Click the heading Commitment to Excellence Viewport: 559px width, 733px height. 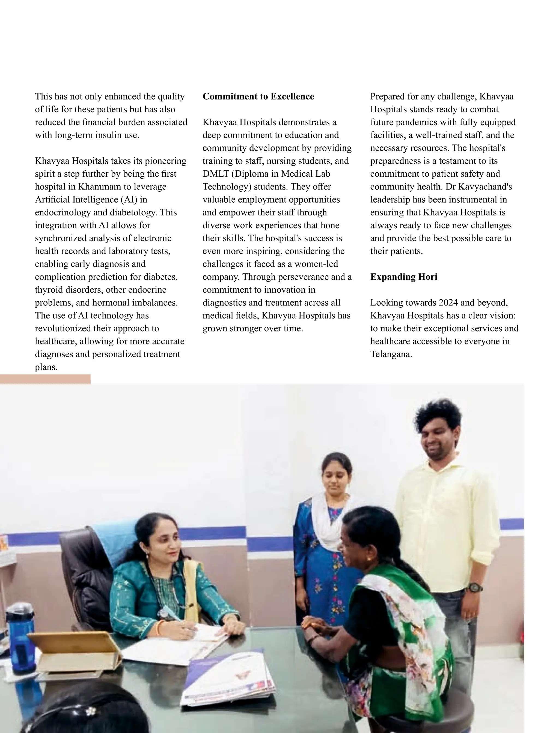(x=258, y=97)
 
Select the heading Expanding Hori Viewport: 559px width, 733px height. (x=404, y=277)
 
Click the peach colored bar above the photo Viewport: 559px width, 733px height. (x=45, y=379)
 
